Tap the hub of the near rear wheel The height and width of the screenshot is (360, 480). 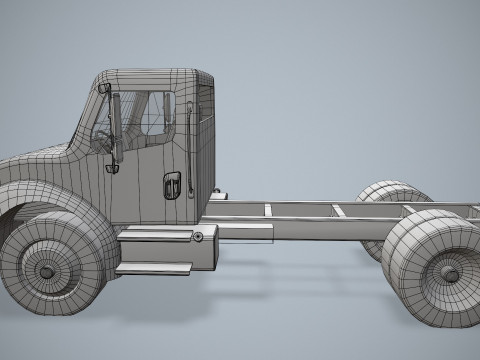[x=450, y=273]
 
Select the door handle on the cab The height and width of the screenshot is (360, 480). [x=172, y=185]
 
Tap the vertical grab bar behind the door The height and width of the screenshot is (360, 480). [x=188, y=135]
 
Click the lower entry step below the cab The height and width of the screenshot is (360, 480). [x=153, y=269]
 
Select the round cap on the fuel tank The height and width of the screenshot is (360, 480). [x=198, y=237]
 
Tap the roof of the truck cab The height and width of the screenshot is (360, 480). [x=155, y=76]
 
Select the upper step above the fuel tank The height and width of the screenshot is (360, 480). [x=155, y=234]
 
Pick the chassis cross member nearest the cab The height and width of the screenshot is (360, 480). [x=268, y=211]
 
